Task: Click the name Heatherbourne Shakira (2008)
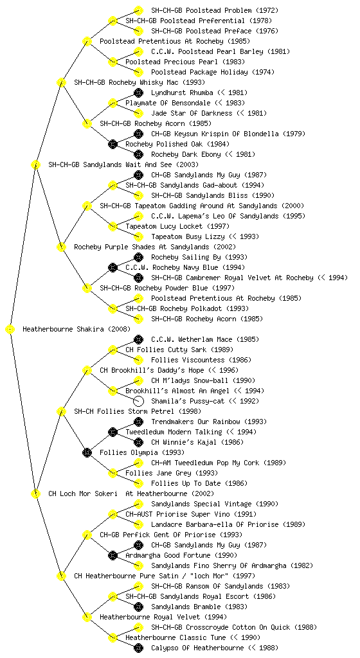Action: pos(76,330)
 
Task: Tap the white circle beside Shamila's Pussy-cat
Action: pos(138,401)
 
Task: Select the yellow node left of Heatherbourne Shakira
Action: pos(10,330)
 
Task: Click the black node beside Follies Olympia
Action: pos(87,452)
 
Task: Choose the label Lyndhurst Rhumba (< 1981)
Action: pos(199,93)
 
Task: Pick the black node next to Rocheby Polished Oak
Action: pos(113,145)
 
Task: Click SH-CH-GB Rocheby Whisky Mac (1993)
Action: pos(139,83)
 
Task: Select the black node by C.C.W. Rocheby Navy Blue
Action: pos(113,268)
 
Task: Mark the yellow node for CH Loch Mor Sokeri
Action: pos(35,494)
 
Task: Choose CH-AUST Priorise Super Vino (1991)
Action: pos(191,515)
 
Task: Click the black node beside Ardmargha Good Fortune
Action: pos(113,556)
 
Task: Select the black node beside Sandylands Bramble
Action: pos(138,607)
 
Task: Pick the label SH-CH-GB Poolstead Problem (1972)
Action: pos(215,10)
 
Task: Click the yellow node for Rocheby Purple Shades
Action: pos(61,247)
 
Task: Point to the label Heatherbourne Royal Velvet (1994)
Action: pos(163,618)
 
